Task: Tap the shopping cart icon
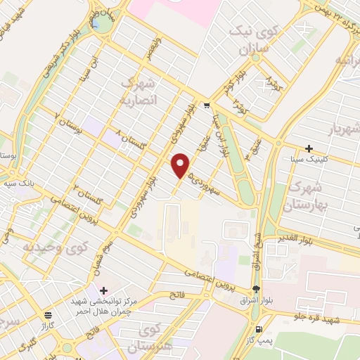pos(206,106)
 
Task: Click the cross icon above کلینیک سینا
pos(309,148)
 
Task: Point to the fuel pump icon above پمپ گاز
pos(260,330)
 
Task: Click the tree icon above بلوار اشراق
pos(256,289)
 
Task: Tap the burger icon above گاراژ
pos(48,316)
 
